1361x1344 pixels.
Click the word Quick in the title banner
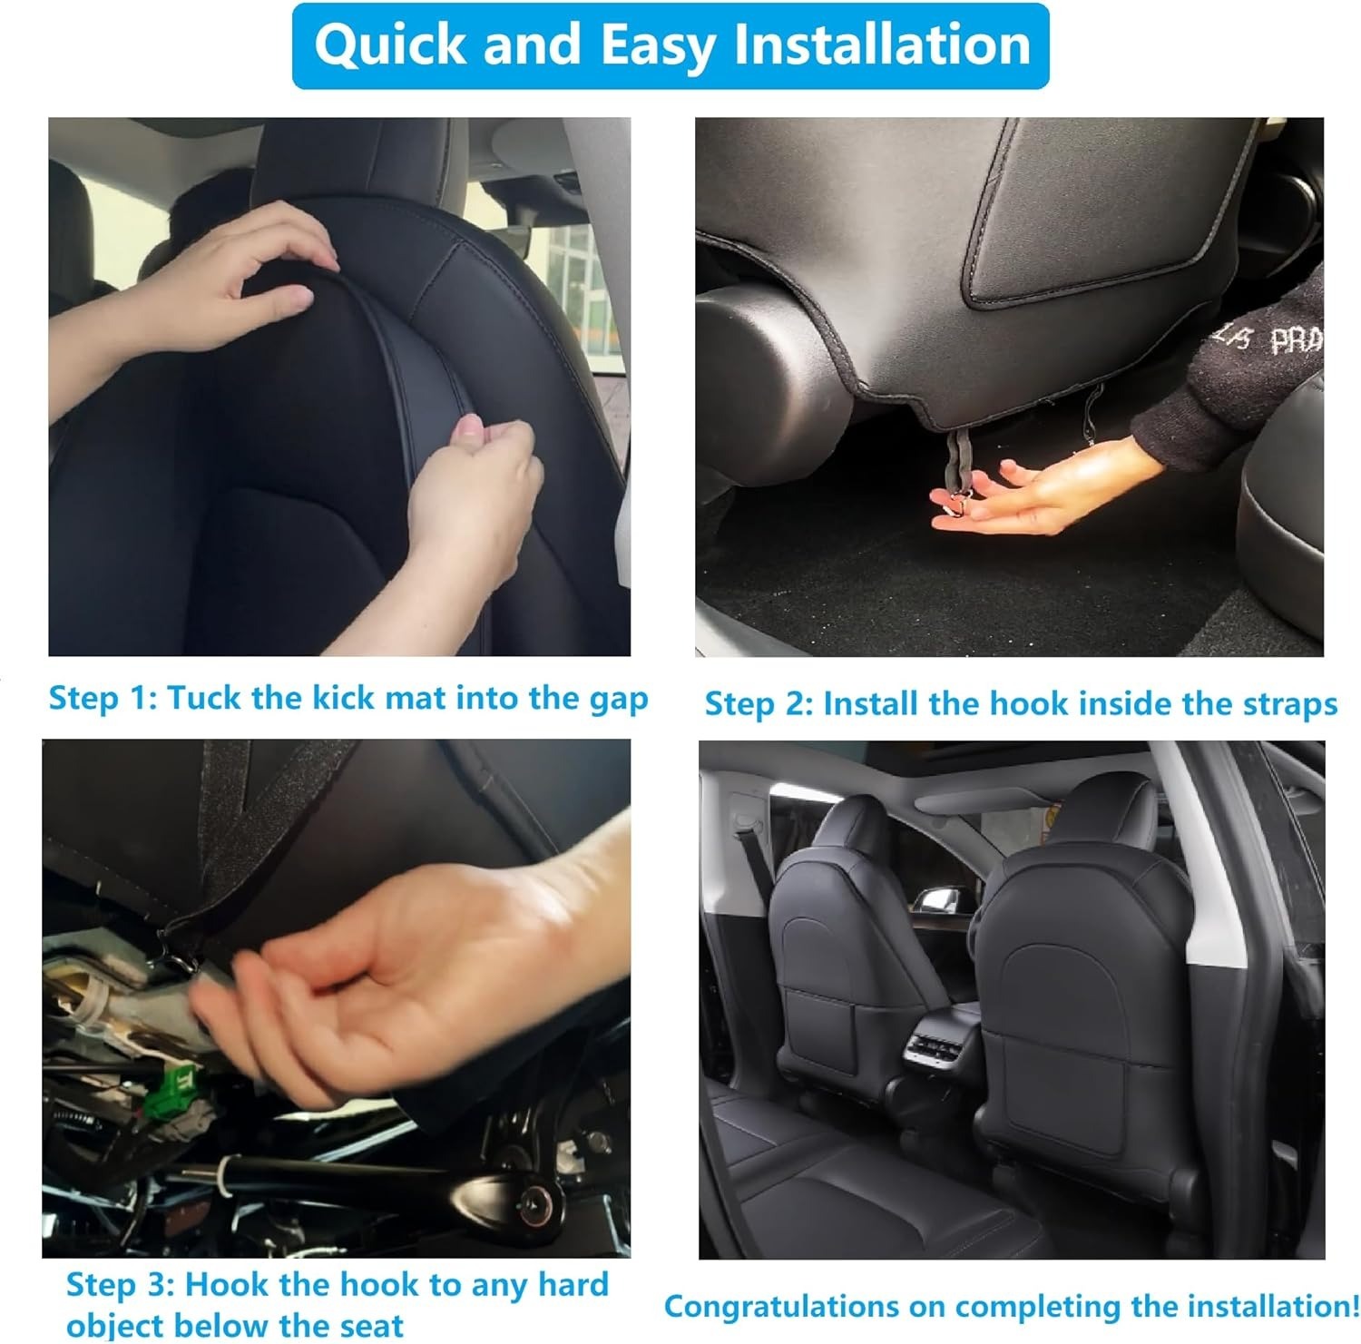pos(390,45)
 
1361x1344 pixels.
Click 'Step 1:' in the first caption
pos(102,698)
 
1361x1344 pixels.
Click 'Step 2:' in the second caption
pos(759,703)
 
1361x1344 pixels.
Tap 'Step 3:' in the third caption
pos(119,1285)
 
